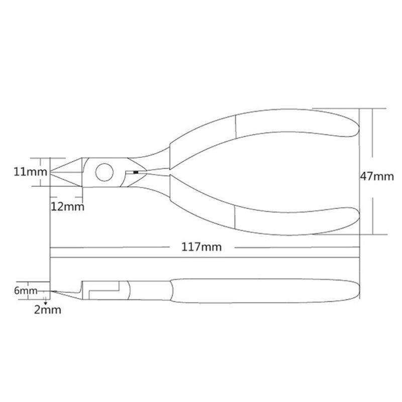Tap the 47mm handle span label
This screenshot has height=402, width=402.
pyautogui.click(x=376, y=176)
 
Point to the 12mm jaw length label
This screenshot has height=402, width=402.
pyautogui.click(x=66, y=207)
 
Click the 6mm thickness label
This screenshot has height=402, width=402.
pyautogui.click(x=26, y=291)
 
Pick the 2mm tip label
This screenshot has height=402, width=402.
pyautogui.click(x=47, y=310)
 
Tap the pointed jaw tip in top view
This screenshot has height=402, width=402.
pyautogui.click(x=54, y=172)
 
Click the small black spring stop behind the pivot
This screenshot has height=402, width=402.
pyautogui.click(x=135, y=172)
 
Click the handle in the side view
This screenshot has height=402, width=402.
pyautogui.click(x=261, y=291)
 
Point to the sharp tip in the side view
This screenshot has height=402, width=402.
pyautogui.click(x=53, y=291)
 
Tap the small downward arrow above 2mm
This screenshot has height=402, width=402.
pyautogui.click(x=46, y=301)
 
